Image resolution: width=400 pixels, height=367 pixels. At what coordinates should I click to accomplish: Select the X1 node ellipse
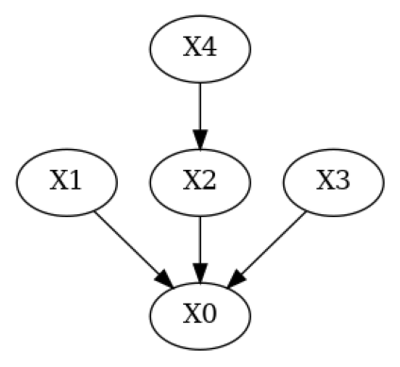coord(66,181)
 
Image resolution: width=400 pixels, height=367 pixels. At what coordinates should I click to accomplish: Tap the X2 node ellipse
coord(200,181)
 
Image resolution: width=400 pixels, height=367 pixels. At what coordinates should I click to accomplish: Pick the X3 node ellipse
coord(333,181)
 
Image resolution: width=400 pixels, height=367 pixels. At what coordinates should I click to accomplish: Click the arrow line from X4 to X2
coord(200,104)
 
